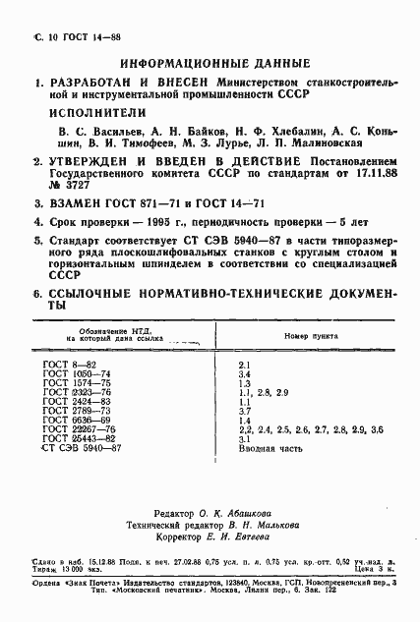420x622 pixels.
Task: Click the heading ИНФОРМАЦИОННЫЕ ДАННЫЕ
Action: (213, 62)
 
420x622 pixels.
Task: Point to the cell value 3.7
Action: (247, 411)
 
